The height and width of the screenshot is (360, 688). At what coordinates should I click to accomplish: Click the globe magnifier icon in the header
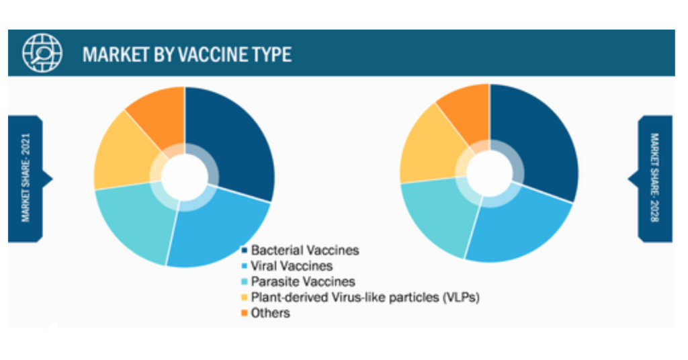(42, 53)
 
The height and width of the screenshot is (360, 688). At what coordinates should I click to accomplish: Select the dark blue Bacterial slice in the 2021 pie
(232, 140)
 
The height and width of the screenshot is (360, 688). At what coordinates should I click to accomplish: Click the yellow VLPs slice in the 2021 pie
(123, 154)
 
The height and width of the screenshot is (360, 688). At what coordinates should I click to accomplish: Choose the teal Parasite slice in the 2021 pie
(132, 219)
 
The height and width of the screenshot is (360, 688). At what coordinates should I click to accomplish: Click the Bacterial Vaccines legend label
(305, 251)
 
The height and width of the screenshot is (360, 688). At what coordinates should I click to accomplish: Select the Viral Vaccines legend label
(292, 266)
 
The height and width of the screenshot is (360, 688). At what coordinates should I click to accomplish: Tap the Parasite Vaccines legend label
(303, 281)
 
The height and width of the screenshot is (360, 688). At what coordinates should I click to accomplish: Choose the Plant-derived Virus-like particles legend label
(365, 298)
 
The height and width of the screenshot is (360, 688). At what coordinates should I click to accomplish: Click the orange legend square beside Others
(245, 313)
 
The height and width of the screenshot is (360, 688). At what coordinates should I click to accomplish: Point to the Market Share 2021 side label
(26, 178)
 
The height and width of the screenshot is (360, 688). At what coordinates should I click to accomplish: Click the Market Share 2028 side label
(654, 178)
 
